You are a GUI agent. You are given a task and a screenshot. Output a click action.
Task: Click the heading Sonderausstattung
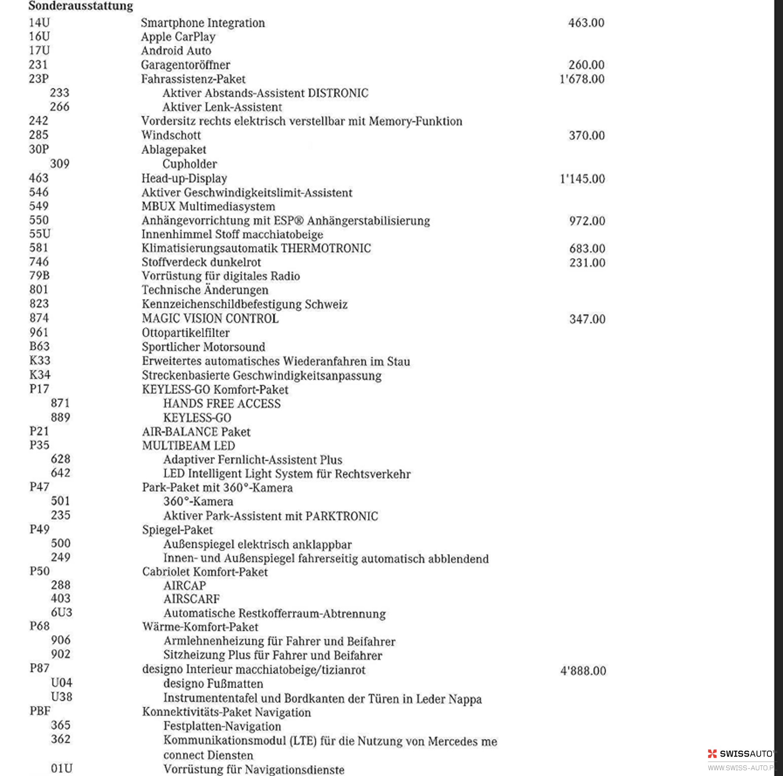pos(81,6)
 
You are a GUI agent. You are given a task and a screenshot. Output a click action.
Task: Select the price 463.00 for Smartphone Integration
pos(586,23)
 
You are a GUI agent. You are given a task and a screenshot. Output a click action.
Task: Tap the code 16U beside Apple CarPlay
pos(39,37)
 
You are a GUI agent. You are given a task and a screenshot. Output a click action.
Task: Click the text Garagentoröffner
pos(185,65)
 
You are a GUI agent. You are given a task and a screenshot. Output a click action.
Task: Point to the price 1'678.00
pos(581,79)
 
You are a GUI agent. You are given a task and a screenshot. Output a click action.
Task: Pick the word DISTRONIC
pos(338,93)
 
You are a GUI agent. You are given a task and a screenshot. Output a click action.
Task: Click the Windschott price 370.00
pos(586,135)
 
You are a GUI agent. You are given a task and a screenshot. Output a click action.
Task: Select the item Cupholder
pos(190,164)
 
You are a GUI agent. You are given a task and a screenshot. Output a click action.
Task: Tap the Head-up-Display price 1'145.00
pos(582,179)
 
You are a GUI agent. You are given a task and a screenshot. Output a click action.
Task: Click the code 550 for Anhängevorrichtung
pos(39,220)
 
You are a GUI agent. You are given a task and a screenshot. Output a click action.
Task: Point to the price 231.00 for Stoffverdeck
pos(587,263)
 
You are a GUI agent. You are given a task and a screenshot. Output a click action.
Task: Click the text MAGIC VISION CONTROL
pos(210,318)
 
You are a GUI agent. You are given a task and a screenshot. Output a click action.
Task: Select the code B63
pos(39,346)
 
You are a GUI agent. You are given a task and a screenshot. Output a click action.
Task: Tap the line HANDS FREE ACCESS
pos(222,404)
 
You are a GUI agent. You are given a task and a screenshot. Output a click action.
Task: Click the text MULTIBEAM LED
pos(188,446)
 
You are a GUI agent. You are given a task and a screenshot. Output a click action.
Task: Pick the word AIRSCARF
pos(191,599)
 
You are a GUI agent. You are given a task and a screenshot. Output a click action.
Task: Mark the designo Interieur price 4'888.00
pos(583,671)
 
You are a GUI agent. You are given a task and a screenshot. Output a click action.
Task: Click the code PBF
pos(40,711)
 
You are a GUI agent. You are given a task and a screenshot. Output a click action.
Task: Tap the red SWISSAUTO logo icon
pos(712,753)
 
